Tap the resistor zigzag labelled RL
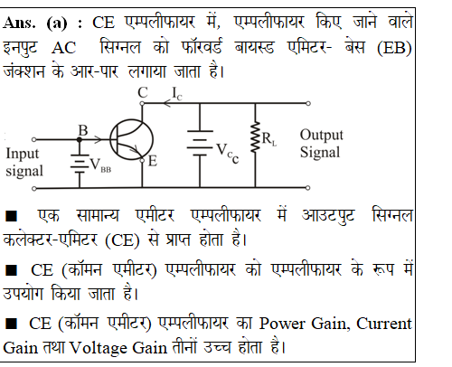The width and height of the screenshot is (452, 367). (x=255, y=136)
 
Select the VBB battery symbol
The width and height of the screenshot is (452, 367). (x=80, y=164)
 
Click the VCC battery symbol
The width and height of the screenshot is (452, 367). (x=200, y=143)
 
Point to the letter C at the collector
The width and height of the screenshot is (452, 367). (x=143, y=92)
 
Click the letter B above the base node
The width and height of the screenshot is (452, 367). (x=83, y=130)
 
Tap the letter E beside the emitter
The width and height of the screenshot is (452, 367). (x=153, y=161)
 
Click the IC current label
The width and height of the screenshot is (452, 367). (x=177, y=93)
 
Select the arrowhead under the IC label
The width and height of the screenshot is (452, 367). (x=167, y=103)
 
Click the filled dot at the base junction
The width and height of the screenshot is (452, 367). (x=80, y=139)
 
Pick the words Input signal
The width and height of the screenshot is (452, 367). (x=24, y=162)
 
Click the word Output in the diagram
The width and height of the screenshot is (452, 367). (x=322, y=136)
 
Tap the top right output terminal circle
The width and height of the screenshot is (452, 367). (x=308, y=103)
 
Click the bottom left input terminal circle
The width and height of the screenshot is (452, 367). (x=34, y=188)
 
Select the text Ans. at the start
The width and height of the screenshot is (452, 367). (x=19, y=23)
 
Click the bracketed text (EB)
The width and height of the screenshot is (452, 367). (x=394, y=48)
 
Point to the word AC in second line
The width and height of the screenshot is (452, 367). (x=63, y=48)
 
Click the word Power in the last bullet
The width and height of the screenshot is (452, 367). (x=282, y=325)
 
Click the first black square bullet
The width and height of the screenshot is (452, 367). (x=11, y=216)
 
